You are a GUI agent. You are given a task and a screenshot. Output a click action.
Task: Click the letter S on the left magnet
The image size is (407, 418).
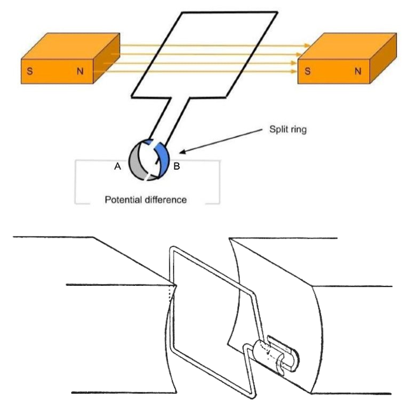(29, 71)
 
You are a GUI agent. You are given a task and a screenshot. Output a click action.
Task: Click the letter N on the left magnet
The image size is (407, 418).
(80, 71)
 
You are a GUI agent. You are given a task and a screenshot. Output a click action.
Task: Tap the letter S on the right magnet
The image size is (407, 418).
(308, 71)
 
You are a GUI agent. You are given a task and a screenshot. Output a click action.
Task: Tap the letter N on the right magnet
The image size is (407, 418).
(357, 71)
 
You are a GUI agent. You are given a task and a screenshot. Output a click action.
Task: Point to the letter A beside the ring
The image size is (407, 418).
(117, 166)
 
